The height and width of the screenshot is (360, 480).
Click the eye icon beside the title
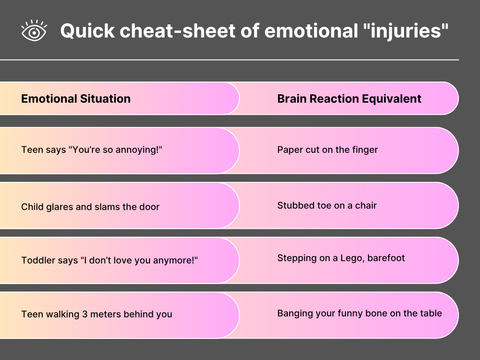click(34, 30)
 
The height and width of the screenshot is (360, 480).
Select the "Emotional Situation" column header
click(76, 98)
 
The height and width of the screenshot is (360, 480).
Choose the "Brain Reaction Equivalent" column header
click(349, 99)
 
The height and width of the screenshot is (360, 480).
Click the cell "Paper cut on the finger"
click(328, 150)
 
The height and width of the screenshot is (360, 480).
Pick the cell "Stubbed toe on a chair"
click(327, 205)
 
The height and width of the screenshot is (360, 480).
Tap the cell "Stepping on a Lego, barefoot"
click(341, 258)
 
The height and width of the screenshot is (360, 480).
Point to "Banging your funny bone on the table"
click(360, 314)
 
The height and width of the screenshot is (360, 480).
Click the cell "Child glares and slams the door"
click(90, 207)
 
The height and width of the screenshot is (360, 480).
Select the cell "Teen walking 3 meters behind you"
click(97, 315)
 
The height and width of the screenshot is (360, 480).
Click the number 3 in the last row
click(85, 315)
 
